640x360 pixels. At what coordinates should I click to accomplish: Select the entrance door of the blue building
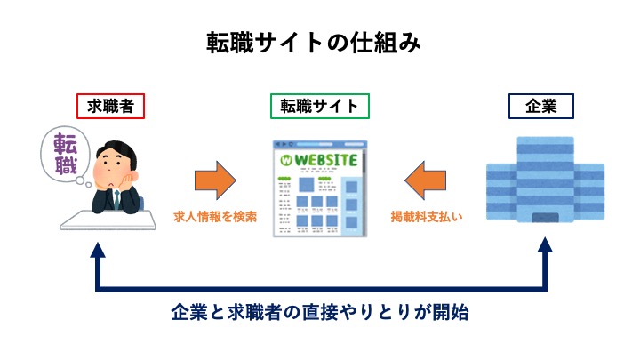[540, 218]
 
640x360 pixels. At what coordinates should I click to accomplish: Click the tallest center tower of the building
[540, 178]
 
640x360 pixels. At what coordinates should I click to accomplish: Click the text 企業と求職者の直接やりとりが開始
[320, 313]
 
